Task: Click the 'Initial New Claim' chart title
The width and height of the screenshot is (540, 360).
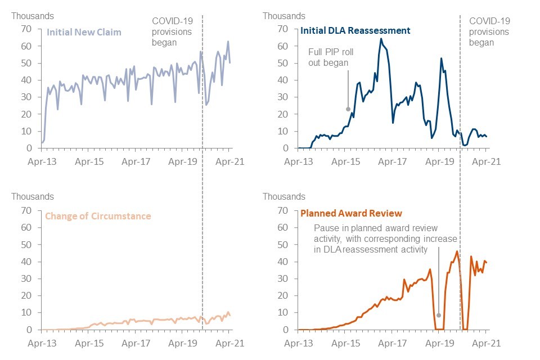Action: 84,32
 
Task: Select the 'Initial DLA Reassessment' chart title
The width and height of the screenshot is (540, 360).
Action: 355,30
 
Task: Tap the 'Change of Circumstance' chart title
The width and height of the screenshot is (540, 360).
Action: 97,216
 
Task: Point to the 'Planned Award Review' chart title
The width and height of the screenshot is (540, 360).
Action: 352,213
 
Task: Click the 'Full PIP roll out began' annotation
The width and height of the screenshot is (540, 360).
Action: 331,57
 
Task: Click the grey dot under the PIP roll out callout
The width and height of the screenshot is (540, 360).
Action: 348,109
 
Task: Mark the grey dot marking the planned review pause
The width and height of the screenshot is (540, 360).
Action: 439,315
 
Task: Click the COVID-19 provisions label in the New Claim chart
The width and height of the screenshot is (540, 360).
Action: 172,31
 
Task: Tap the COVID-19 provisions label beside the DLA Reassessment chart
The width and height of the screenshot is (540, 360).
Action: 489,31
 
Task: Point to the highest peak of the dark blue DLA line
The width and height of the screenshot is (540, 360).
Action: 381,39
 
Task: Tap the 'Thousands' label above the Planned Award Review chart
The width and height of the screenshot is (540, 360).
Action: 283,197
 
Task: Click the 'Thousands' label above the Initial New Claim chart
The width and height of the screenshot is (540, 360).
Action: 33,16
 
